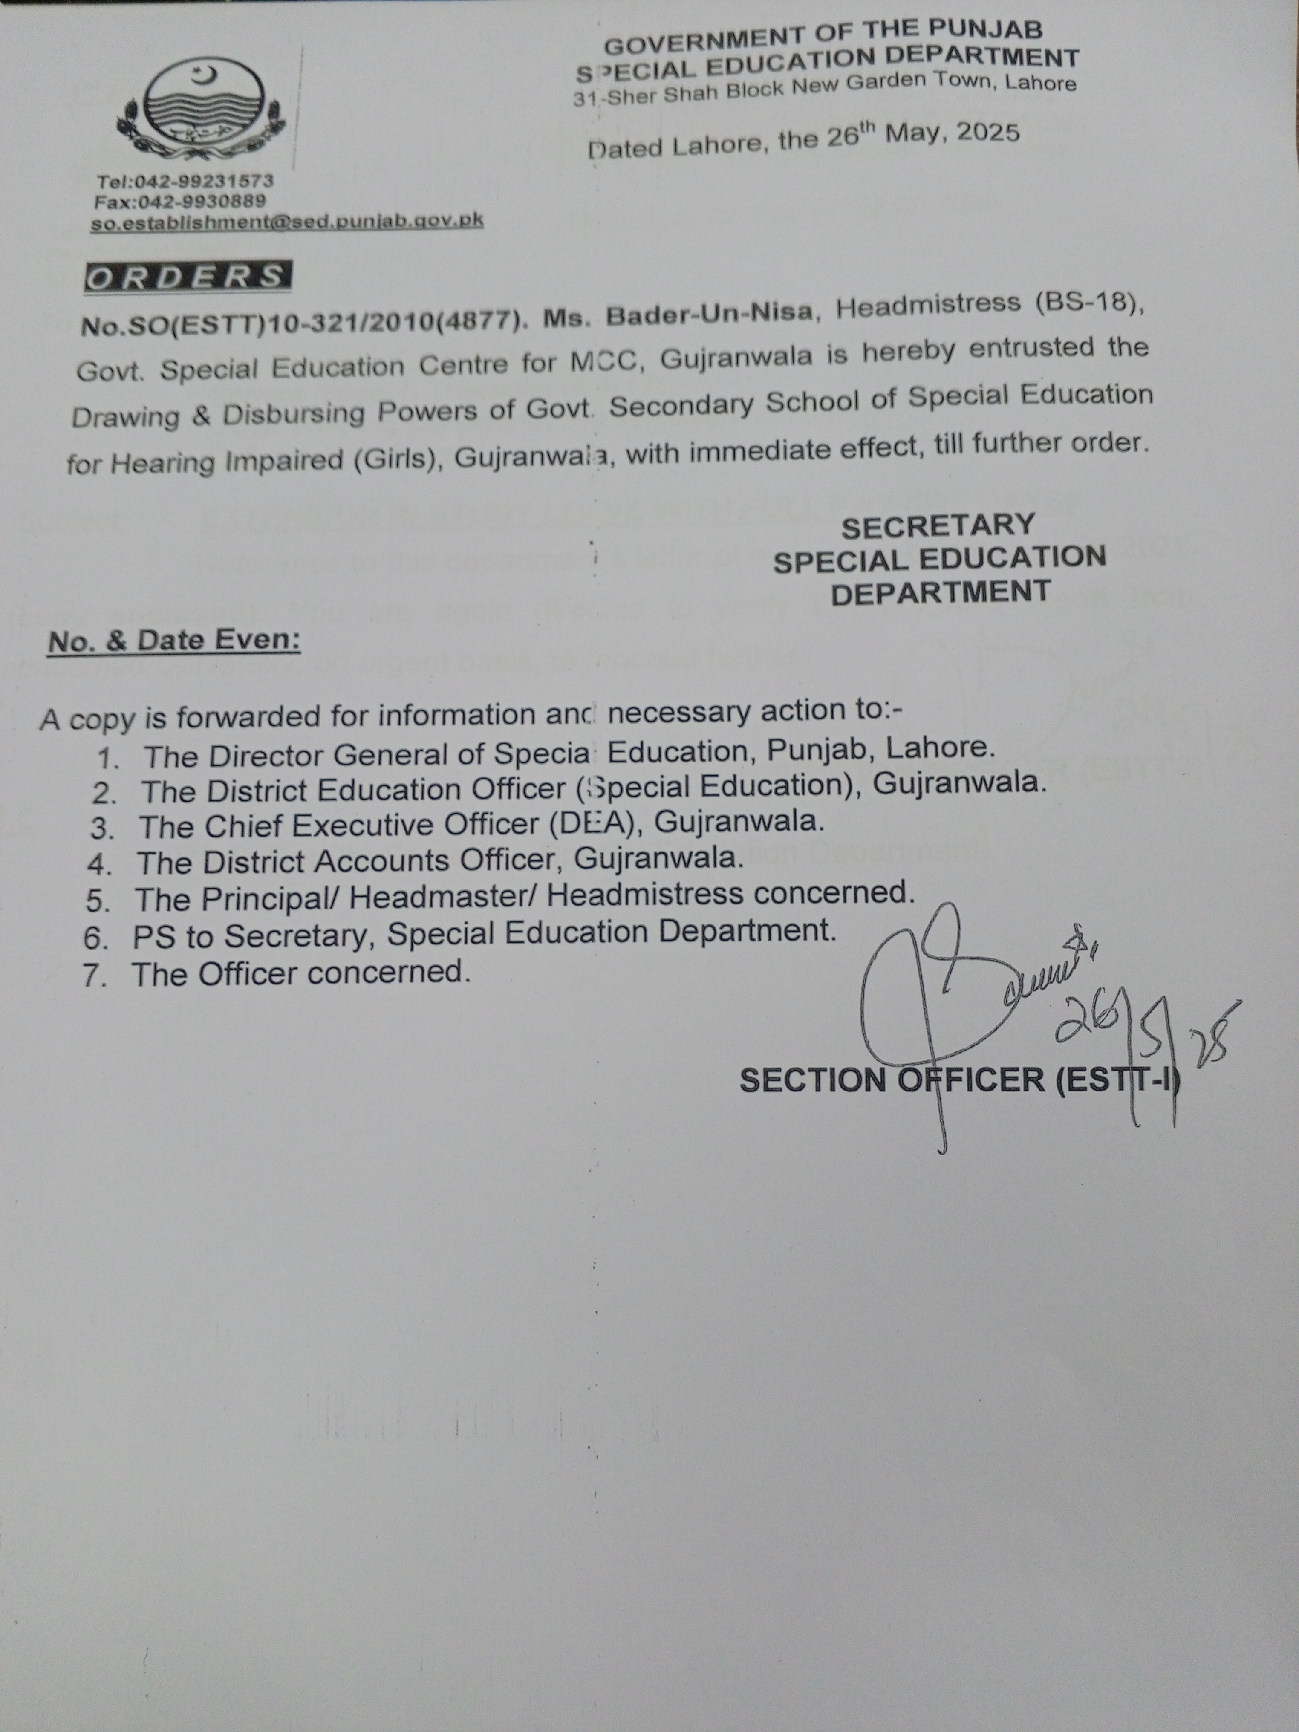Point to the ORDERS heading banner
[x=186, y=277]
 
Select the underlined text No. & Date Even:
[x=174, y=641]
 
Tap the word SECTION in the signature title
[x=811, y=1080]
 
